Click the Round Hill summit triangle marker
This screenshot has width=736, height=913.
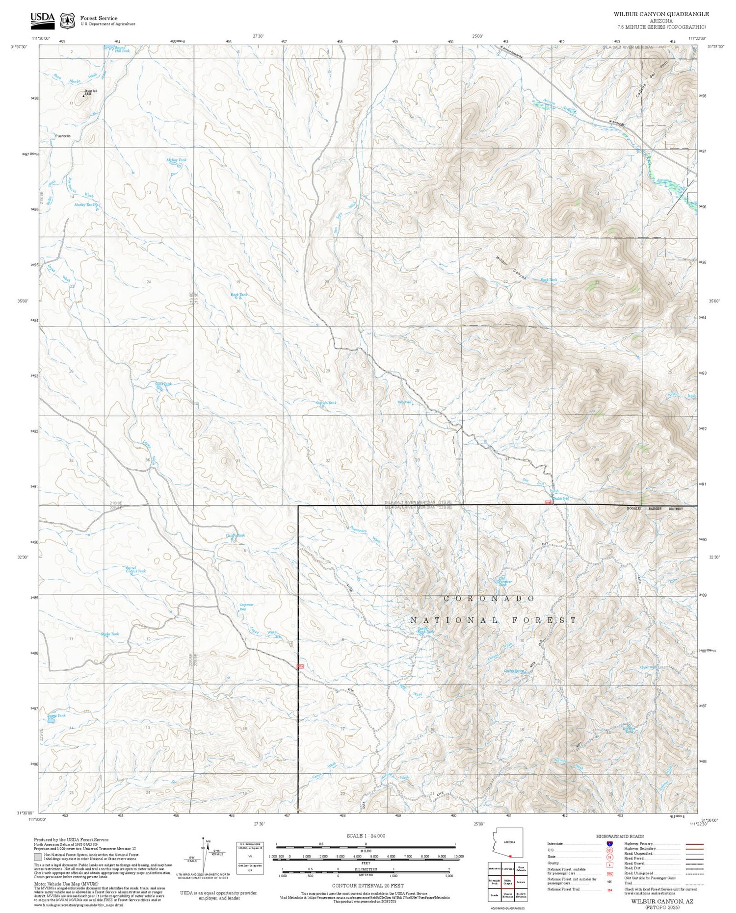pyautogui.click(x=83, y=96)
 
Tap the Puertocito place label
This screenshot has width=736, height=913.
pyautogui.click(x=63, y=136)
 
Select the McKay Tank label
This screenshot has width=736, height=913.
pyautogui.click(x=177, y=160)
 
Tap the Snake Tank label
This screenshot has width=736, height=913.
pyautogui.click(x=109, y=634)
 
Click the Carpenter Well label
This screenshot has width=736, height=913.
pyautogui.click(x=246, y=607)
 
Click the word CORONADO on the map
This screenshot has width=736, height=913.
pyautogui.click(x=489, y=599)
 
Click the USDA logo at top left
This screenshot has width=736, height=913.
pyautogui.click(x=42, y=18)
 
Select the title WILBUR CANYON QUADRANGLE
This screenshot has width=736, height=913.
pyautogui.click(x=661, y=14)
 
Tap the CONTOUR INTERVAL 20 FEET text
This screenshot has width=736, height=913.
pyautogui.click(x=368, y=886)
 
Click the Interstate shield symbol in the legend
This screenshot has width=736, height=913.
pyautogui.click(x=609, y=843)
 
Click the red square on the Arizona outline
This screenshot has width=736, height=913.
pyautogui.click(x=510, y=856)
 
